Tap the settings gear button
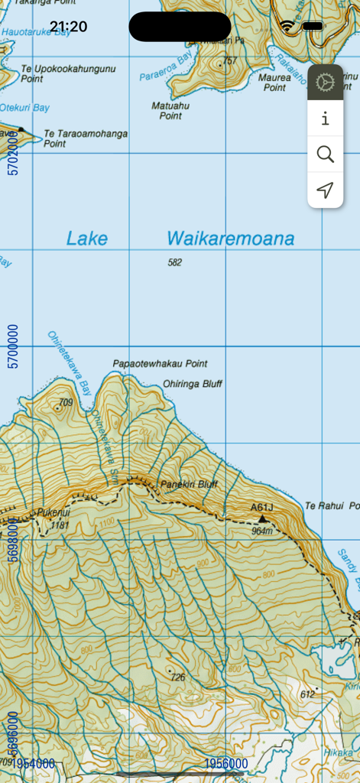click(326, 82)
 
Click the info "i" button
click(326, 119)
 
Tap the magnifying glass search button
click(326, 154)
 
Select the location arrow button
click(326, 190)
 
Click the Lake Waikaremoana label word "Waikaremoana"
click(230, 239)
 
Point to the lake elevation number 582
click(176, 262)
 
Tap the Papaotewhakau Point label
click(160, 363)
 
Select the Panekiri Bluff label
click(189, 484)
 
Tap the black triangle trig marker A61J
click(262, 518)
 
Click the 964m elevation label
click(262, 531)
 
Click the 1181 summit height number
click(59, 525)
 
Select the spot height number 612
click(307, 694)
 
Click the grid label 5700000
click(12, 346)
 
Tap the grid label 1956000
click(226, 764)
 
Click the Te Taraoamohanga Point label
click(86, 138)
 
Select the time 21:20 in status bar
click(69, 27)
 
